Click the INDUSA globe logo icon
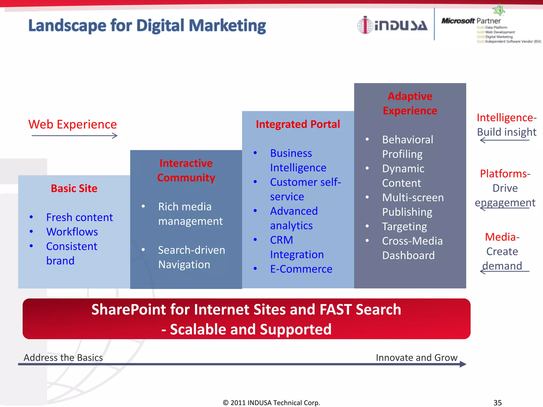pyautogui.click(x=365, y=25)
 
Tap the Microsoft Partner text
pyautogui.click(x=471, y=21)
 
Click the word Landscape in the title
pyautogui.click(x=67, y=26)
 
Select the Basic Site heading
pyautogui.click(x=74, y=188)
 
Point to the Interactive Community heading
pyautogui.click(x=186, y=170)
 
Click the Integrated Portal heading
pyautogui.click(x=298, y=124)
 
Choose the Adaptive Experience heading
pyautogui.click(x=410, y=103)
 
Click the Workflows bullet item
pyautogui.click(x=72, y=232)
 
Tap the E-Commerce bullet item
pyautogui.click(x=301, y=269)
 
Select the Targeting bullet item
pyautogui.click(x=404, y=227)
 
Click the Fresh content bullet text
pyautogui.click(x=79, y=217)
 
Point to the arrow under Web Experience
pyautogui.click(x=74, y=136)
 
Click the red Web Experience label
pyautogui.click(x=72, y=124)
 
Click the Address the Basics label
pyautogui.click(x=63, y=357)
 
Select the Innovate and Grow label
pyautogui.click(x=417, y=357)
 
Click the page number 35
pyautogui.click(x=497, y=402)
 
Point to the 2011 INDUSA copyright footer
pyautogui.click(x=271, y=402)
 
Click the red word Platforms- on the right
pyautogui.click(x=505, y=174)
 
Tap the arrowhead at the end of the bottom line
pyautogui.click(x=463, y=364)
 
